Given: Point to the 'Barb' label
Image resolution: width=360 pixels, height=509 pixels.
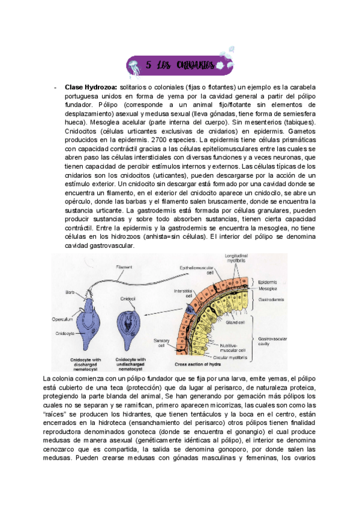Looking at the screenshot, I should [70, 292].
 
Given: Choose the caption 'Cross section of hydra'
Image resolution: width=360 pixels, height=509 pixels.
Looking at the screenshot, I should [197, 364].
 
